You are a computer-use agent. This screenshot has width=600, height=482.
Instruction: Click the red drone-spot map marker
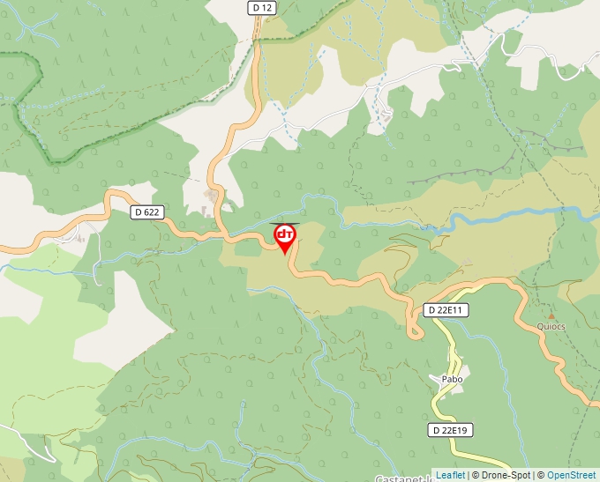click(285, 238)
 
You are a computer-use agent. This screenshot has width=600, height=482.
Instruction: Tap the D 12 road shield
click(262, 7)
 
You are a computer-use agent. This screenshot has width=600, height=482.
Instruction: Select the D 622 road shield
click(146, 212)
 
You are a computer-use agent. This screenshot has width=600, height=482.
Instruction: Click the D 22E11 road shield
click(446, 310)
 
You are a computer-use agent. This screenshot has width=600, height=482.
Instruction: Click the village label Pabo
click(452, 380)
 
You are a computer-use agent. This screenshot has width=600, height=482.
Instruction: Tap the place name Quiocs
click(551, 326)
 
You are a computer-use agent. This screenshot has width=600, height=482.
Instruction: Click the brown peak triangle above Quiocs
click(551, 315)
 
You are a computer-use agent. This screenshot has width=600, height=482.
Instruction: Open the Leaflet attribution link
click(450, 475)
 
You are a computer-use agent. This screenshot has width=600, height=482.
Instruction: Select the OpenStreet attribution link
click(571, 475)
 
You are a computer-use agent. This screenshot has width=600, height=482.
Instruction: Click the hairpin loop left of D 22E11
click(413, 330)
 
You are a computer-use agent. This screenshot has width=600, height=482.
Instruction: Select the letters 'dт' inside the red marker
click(285, 234)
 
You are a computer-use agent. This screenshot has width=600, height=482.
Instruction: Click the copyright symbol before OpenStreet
click(541, 475)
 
